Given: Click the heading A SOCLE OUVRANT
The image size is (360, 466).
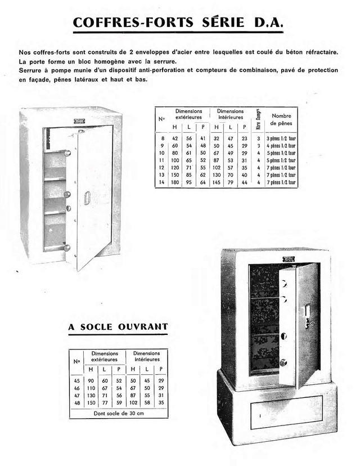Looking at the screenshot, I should coord(118,326).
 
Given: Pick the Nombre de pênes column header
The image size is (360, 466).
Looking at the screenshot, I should coord(281,119).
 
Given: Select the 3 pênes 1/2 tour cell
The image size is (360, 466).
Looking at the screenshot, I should coord(281,138).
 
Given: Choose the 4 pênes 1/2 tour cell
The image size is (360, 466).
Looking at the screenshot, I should coord(281,145).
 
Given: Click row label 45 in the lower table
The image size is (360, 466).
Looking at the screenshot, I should coord(76,380).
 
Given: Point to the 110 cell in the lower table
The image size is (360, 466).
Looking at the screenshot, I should coord(91,388).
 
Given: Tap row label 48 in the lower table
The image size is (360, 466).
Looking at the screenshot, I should coord(76,403).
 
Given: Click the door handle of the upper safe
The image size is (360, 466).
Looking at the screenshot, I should coord(87,198).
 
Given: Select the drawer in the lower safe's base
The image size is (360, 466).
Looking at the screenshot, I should coord(286,412).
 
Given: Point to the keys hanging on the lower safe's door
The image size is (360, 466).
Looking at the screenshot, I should coord(308,322).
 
